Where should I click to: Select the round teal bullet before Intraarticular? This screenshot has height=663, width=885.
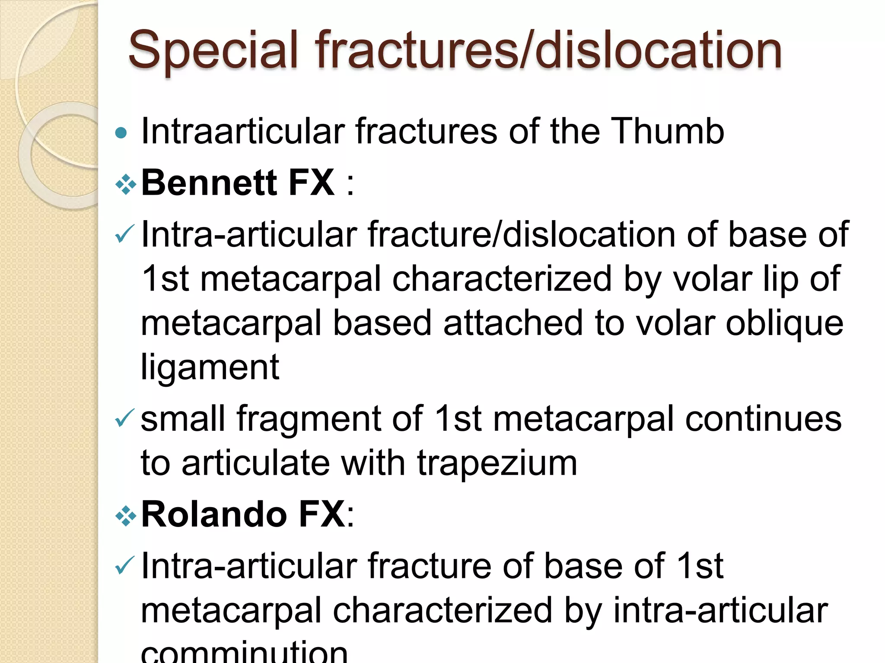coord(122,133)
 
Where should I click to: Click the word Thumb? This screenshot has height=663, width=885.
coord(667,131)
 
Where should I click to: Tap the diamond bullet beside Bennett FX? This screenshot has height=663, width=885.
coord(126,185)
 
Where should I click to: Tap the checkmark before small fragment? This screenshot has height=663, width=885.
coord(125,418)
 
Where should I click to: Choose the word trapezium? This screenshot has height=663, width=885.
coord(497,463)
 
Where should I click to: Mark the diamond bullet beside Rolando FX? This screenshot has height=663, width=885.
coord(126,516)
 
